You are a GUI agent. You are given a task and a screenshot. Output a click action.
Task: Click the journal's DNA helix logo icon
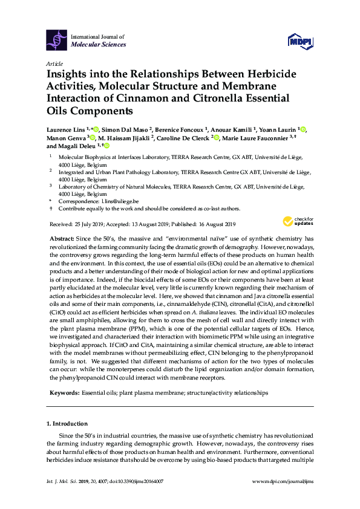[x=56, y=40]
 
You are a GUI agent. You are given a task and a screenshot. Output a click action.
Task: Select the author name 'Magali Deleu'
[x=80, y=146]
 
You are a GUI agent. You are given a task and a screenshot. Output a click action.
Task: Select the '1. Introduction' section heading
[x=67, y=424]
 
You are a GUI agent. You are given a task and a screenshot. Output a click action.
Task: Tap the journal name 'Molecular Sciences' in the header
[x=99, y=45]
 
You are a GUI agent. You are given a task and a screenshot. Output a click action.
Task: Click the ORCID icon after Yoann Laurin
[x=304, y=130]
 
